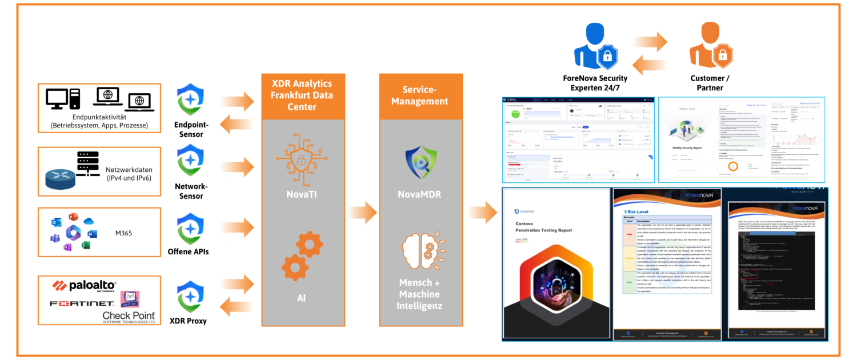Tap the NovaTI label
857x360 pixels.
(x=302, y=195)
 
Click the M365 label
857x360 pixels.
(x=123, y=233)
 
